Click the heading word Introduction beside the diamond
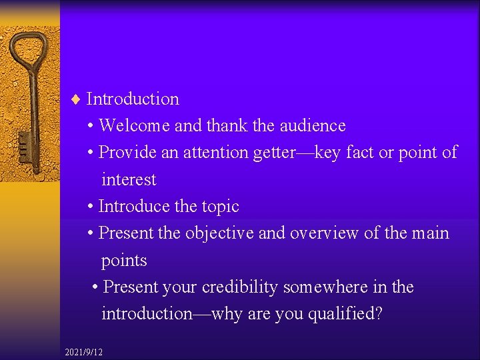click(x=133, y=99)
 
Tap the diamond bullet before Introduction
click(x=75, y=99)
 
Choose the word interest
click(x=129, y=180)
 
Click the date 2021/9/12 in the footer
click(x=84, y=351)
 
